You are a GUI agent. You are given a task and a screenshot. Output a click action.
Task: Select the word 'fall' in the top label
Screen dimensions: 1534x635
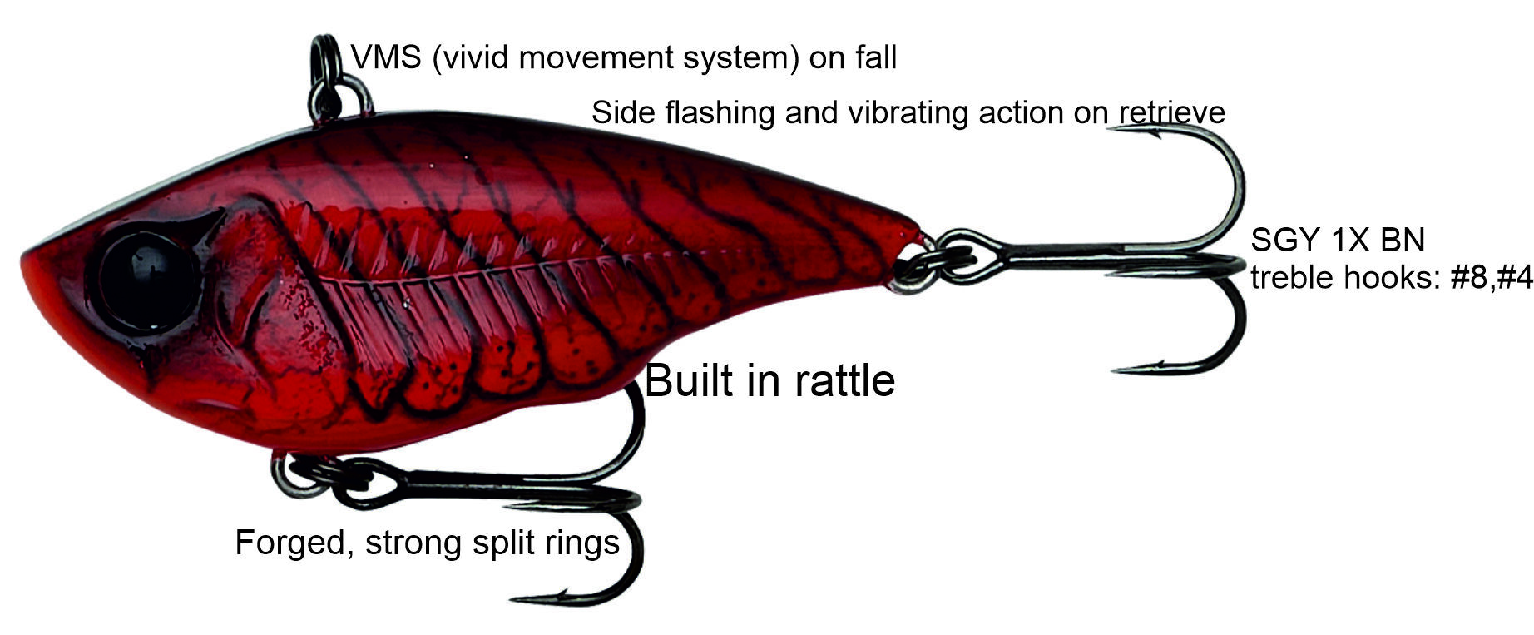pos(875,57)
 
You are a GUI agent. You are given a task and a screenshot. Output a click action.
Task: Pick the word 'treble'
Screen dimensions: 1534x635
pos(1292,277)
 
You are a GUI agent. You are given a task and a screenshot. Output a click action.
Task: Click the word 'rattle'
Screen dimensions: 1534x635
pos(844,381)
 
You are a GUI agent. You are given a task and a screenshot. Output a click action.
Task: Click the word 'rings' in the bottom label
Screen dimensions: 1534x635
pos(586,543)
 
